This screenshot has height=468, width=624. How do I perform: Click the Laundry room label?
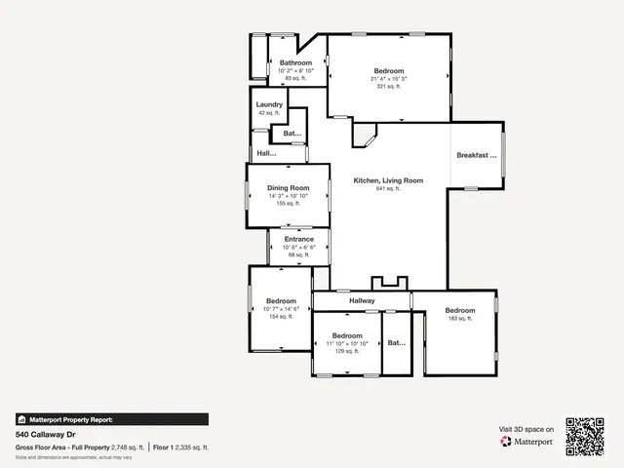coord(269,104)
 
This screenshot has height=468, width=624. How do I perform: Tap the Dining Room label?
coord(288,187)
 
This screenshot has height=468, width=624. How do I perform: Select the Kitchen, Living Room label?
coord(388,180)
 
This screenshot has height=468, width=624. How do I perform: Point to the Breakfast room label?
coord(477,155)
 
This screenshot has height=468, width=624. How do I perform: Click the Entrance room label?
coord(298,239)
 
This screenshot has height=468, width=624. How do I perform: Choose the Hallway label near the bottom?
coord(362,301)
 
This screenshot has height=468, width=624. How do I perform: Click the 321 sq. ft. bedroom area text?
coord(389,87)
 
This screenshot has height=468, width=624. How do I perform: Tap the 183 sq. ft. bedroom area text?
coord(459,319)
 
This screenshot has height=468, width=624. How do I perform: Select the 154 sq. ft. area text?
coord(281,317)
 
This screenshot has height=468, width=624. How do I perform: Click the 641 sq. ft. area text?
coord(388,189)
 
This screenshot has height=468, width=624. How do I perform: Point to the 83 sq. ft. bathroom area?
coord(295,78)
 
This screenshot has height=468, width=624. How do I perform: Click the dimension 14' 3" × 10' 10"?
coord(288,196)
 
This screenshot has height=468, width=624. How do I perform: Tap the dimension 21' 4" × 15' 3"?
coord(389,79)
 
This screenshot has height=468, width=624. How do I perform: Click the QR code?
coord(586,436)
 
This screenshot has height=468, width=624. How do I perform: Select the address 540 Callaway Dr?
coord(46,435)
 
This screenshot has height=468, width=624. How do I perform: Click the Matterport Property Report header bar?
coord(111,419)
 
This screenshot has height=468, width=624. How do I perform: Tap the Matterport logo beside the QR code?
coord(527,441)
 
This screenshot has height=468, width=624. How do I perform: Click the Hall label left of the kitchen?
coord(266,154)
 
